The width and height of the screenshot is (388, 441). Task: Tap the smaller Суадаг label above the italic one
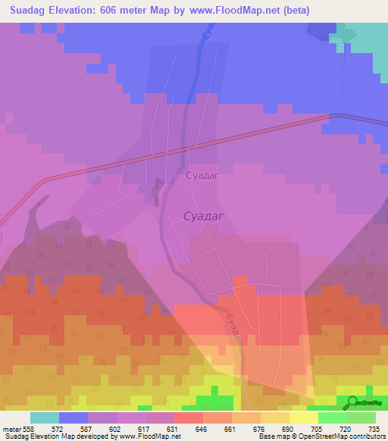point(202,175)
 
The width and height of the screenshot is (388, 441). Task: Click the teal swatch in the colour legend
point(45,418)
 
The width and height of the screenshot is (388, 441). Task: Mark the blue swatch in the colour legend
point(74,418)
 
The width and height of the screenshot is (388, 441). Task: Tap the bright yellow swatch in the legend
point(303,418)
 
